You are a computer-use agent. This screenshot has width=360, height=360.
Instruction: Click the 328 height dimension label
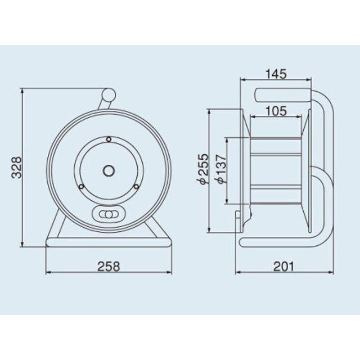tap(17, 168)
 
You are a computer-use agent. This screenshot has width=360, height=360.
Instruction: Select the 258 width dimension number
tap(109, 267)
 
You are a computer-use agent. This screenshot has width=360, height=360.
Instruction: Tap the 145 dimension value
tap(276, 74)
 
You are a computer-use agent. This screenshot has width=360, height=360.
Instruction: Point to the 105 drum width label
tap(276, 111)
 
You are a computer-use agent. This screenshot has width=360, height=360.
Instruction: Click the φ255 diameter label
tap(204, 169)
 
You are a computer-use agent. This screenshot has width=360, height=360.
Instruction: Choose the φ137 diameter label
tap(221, 169)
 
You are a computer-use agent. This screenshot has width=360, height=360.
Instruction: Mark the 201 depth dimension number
tap(283, 267)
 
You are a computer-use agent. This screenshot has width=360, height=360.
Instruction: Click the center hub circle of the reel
tap(109, 170)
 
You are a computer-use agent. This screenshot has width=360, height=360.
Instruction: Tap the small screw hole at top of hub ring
tap(109, 139)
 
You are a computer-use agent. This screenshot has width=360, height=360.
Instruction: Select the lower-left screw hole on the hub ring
tap(82, 186)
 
